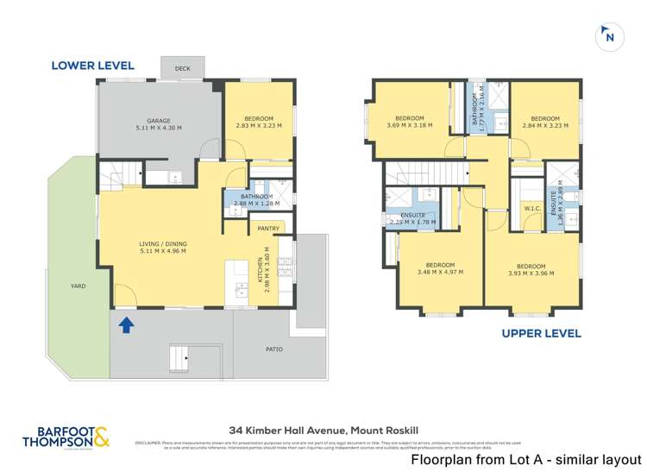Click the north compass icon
(610, 36)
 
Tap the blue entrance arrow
(127, 325)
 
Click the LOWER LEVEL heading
(92, 65)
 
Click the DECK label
(182, 68)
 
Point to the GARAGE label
(159, 121)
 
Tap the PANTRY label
(268, 228)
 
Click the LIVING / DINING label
(163, 244)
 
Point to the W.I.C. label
(531, 207)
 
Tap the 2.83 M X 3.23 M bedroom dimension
(259, 126)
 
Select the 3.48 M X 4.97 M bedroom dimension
(440, 273)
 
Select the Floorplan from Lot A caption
(526, 460)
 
